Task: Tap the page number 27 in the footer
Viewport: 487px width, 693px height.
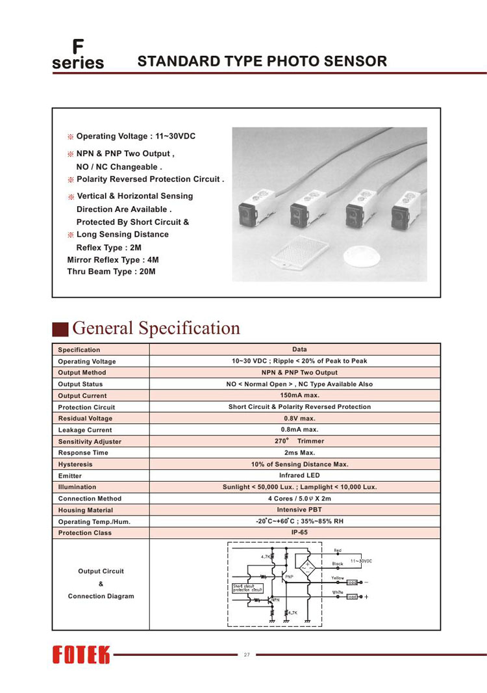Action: [x=247, y=655]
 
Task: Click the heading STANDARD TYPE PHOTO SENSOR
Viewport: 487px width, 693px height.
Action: [x=262, y=62]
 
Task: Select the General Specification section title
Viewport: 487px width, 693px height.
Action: [x=156, y=328]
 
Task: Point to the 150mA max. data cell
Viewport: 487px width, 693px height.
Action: [x=299, y=395]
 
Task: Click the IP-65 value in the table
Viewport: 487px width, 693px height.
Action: [x=299, y=532]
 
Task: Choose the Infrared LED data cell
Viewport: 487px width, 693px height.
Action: [x=299, y=475]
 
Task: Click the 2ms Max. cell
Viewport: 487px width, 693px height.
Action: [x=299, y=452]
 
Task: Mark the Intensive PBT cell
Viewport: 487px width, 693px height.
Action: [x=299, y=510]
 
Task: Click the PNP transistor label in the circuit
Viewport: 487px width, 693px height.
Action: [x=290, y=576]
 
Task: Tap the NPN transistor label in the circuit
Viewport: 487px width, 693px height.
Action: [x=275, y=599]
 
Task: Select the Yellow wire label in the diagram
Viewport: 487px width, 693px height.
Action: [x=338, y=578]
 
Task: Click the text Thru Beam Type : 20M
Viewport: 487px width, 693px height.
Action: [x=112, y=272]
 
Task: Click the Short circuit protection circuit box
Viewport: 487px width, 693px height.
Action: [x=247, y=588]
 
